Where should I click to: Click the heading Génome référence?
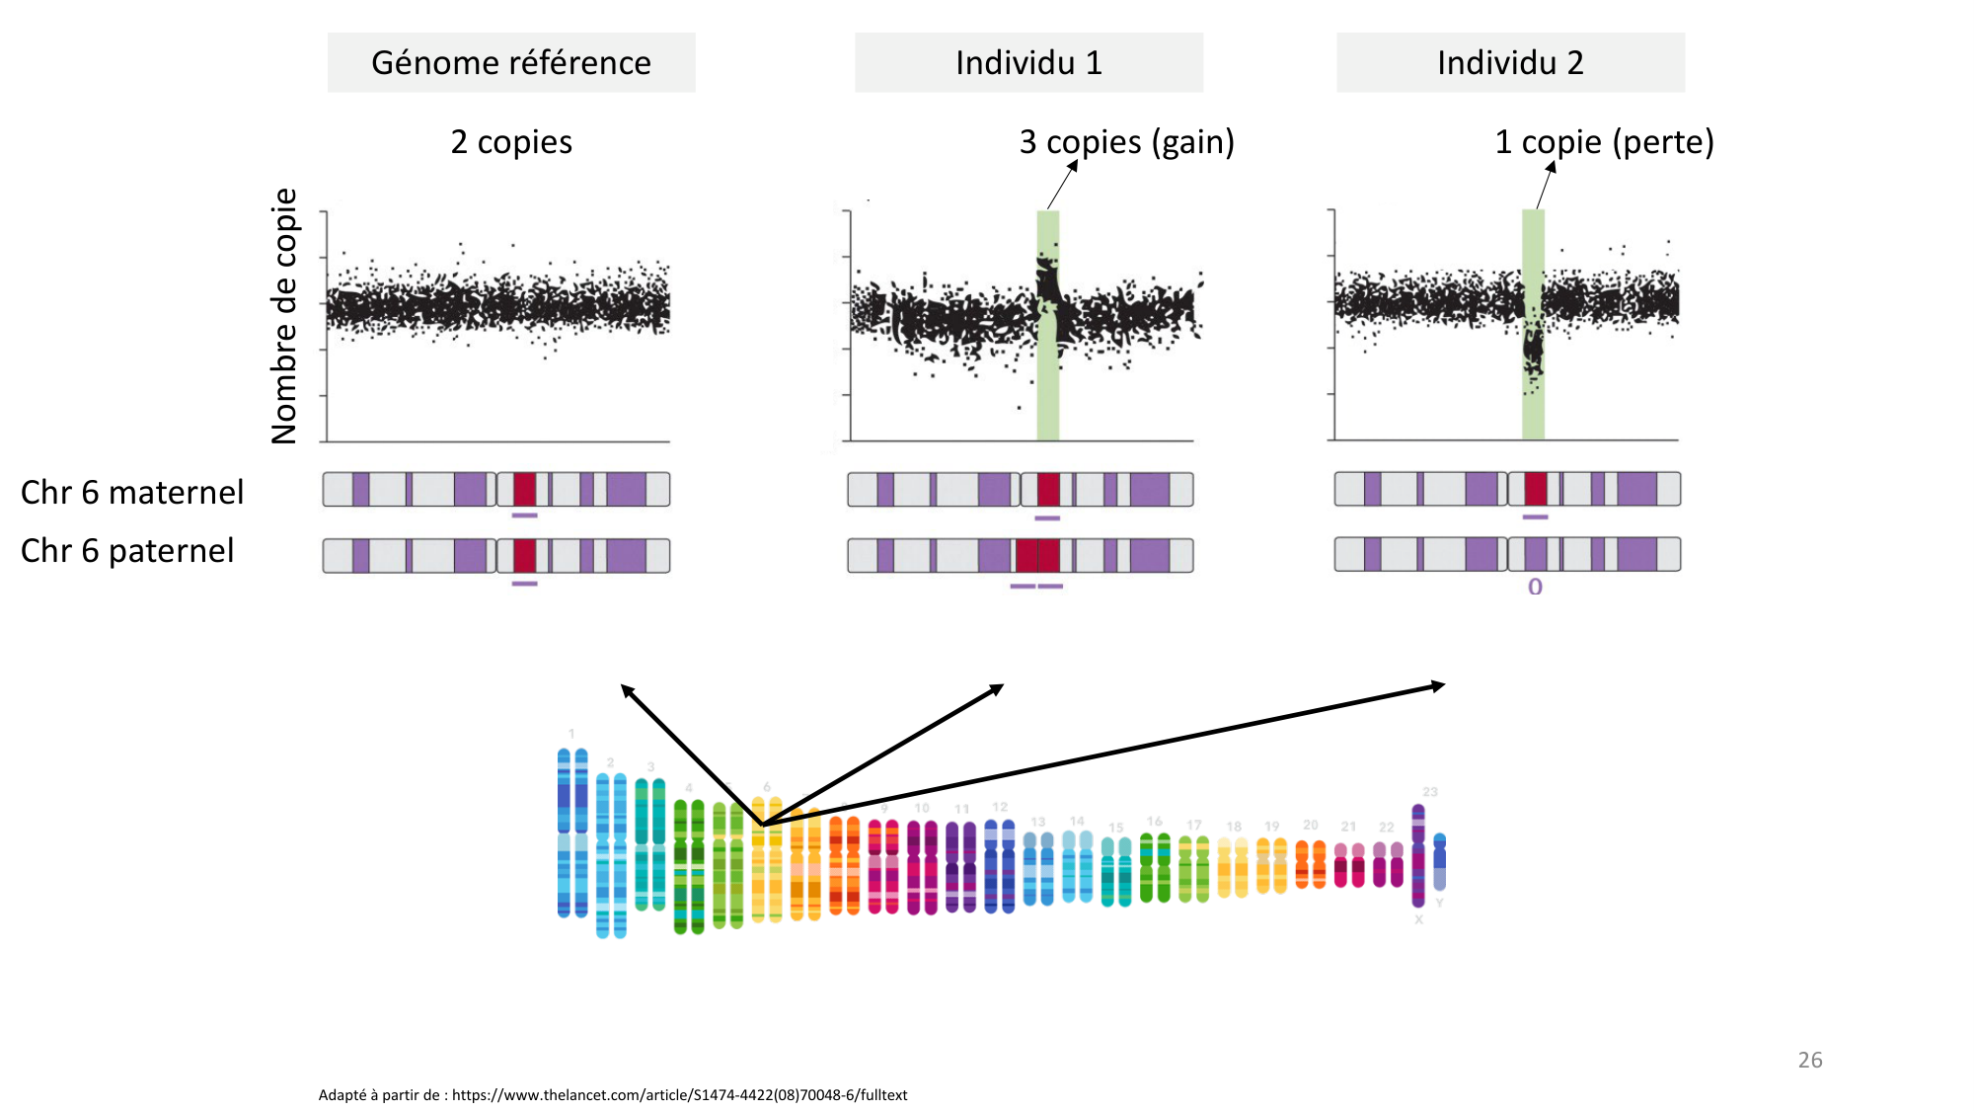tap(511, 63)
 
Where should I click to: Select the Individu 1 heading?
tap(1028, 63)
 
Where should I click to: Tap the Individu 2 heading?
tap(1510, 63)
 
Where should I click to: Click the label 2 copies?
tap(511, 142)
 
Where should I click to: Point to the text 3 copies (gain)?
tap(1126, 142)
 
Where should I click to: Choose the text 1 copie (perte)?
tap(1604, 142)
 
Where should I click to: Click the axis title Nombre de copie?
tap(284, 316)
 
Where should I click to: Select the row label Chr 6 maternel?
tap(132, 492)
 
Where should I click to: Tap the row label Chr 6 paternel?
tap(127, 550)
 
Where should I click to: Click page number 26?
tap(1809, 1060)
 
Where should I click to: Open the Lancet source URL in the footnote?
tap(679, 1094)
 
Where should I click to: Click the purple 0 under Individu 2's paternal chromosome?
tap(1535, 587)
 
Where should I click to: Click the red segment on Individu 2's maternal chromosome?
tap(1536, 489)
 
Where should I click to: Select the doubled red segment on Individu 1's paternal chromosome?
tap(1037, 555)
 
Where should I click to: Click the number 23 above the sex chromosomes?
tap(1430, 792)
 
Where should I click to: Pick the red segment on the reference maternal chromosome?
tap(524, 489)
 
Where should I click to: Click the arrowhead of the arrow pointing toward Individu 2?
tap(1440, 684)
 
